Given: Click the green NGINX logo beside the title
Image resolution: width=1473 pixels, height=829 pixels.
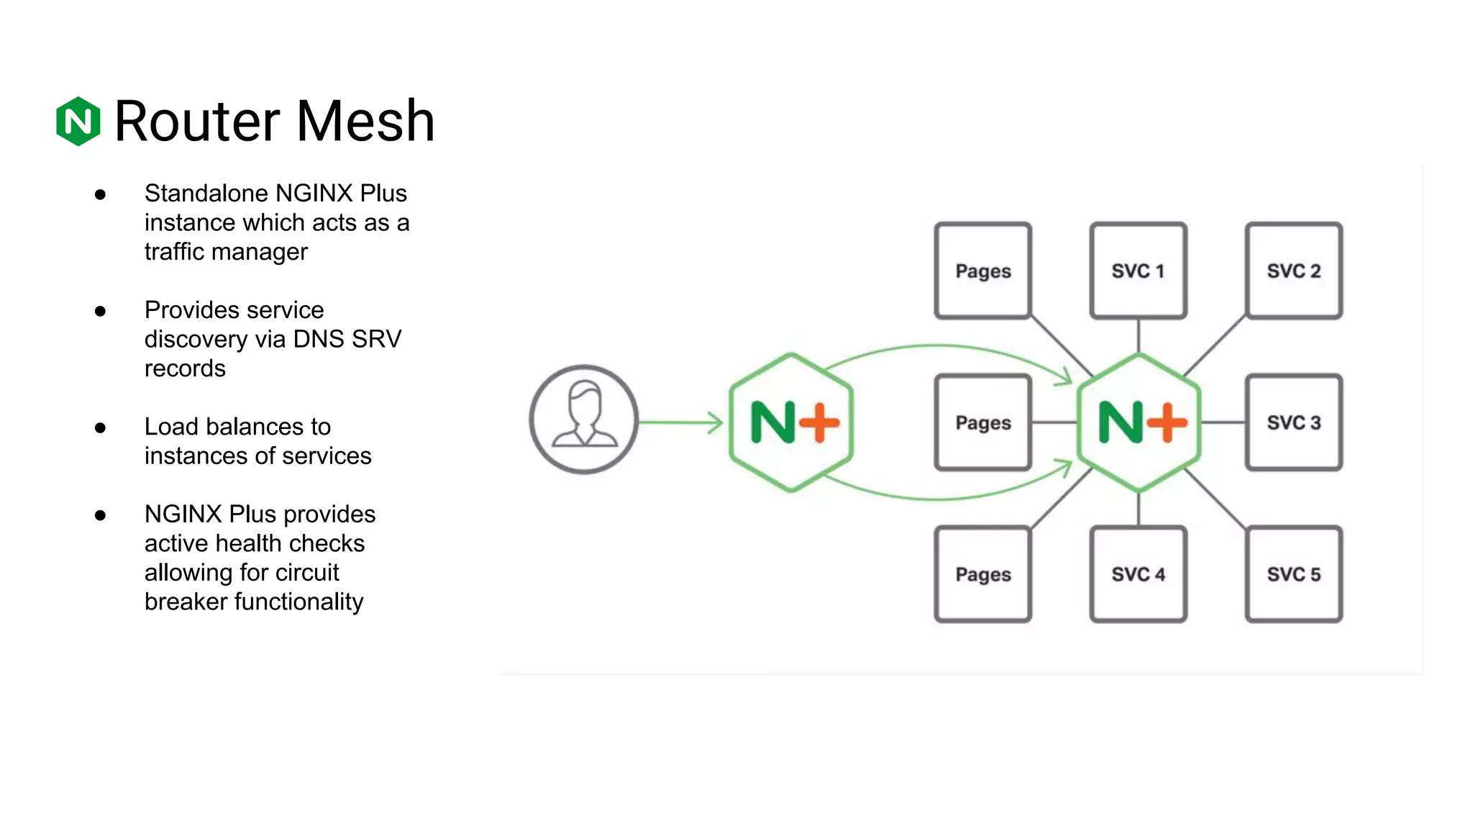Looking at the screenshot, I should pyautogui.click(x=78, y=121).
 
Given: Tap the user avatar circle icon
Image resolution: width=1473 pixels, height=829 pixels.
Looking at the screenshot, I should pyautogui.click(x=583, y=420).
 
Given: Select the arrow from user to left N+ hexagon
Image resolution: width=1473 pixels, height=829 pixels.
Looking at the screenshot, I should pyautogui.click(x=680, y=422).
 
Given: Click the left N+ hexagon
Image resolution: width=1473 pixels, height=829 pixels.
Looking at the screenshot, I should pyautogui.click(x=791, y=422).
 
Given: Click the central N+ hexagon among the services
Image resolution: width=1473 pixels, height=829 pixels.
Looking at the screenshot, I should pyautogui.click(x=1139, y=422).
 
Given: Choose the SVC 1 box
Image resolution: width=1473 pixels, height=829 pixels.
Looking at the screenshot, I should pyautogui.click(x=1138, y=271).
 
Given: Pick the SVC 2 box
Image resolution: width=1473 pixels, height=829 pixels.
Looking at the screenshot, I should pyautogui.click(x=1293, y=271).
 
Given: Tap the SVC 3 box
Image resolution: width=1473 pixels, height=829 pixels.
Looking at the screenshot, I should pyautogui.click(x=1293, y=422).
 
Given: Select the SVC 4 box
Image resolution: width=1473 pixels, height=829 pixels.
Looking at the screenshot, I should pyautogui.click(x=1138, y=574).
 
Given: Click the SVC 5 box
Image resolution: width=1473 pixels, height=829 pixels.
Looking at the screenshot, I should pyautogui.click(x=1293, y=574).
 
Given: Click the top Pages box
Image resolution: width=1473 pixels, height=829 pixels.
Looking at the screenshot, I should pyautogui.click(x=982, y=271).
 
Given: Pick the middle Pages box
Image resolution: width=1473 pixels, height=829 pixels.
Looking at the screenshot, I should pyautogui.click(x=982, y=422).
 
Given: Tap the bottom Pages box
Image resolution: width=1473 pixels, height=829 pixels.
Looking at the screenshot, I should pyautogui.click(x=982, y=574).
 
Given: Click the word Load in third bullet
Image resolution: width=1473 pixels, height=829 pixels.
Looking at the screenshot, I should pyautogui.click(x=171, y=427).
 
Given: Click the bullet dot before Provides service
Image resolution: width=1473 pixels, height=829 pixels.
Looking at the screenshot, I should pyautogui.click(x=100, y=311).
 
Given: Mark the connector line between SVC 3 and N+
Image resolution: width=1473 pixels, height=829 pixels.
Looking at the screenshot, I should pyautogui.click(x=1223, y=422).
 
